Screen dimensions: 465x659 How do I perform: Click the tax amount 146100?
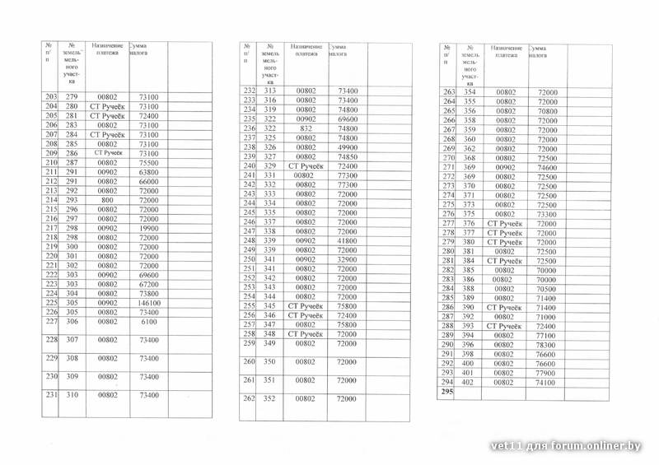point(149,303)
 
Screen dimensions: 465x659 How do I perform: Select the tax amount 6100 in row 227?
point(149,323)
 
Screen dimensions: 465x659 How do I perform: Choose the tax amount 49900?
point(348,147)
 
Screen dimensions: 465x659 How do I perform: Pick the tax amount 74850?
point(348,157)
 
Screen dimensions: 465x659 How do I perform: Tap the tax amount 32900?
point(348,259)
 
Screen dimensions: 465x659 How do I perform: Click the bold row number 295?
point(448,393)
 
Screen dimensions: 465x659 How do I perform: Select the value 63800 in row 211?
point(149,172)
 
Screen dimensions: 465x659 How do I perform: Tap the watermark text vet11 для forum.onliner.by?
point(577,447)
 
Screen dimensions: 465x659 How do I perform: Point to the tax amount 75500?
point(149,163)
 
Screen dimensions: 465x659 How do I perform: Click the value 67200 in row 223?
point(149,284)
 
